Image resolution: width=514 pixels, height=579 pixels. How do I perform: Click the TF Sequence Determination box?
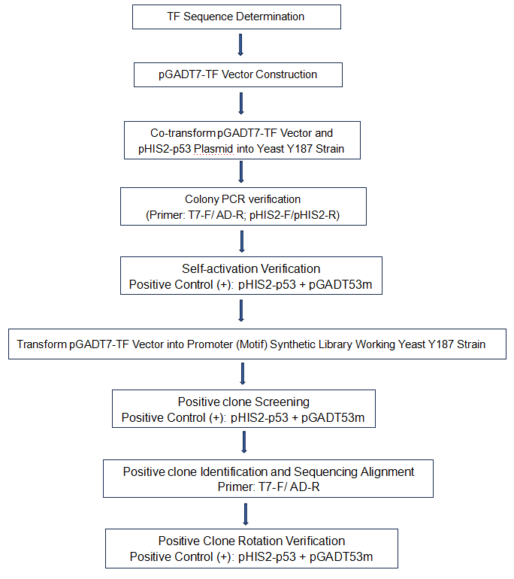click(x=237, y=17)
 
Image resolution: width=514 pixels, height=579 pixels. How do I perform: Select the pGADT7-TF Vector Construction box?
click(x=238, y=74)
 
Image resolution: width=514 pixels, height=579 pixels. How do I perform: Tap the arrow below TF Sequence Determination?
click(x=240, y=45)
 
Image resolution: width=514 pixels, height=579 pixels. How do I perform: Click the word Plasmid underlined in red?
click(x=213, y=149)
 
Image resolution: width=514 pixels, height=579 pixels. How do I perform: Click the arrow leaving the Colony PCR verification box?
click(x=242, y=241)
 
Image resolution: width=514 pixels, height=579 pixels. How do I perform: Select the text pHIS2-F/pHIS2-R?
click(x=295, y=215)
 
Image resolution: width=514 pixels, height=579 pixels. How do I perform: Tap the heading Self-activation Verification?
click(x=251, y=268)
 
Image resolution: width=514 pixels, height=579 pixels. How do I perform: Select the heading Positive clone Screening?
click(x=243, y=402)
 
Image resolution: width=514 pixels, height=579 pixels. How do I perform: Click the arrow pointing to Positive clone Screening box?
click(x=243, y=374)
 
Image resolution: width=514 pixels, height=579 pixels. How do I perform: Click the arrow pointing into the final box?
click(x=246, y=514)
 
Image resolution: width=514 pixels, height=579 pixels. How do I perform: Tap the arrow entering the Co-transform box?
click(x=241, y=104)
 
